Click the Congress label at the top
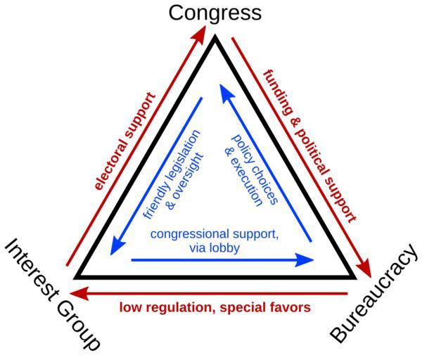(x=215, y=12)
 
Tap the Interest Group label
(x=53, y=294)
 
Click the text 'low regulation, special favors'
(x=215, y=307)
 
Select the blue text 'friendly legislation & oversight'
(x=162, y=173)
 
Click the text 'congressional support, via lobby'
(x=215, y=240)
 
